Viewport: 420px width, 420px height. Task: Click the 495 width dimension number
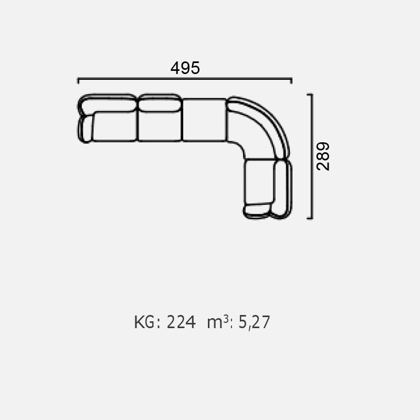tap(185, 68)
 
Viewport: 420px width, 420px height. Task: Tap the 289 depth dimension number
tap(323, 156)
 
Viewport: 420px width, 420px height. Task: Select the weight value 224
tap(181, 322)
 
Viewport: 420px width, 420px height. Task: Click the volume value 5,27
tap(254, 322)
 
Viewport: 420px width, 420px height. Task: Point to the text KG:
tap(147, 322)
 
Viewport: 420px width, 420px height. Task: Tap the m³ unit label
tap(218, 321)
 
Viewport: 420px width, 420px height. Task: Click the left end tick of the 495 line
tap(78, 80)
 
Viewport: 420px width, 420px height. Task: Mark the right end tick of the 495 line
tap(291, 80)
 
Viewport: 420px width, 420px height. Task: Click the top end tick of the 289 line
tap(310, 94)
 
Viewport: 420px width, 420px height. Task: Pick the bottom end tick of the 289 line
tap(310, 218)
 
